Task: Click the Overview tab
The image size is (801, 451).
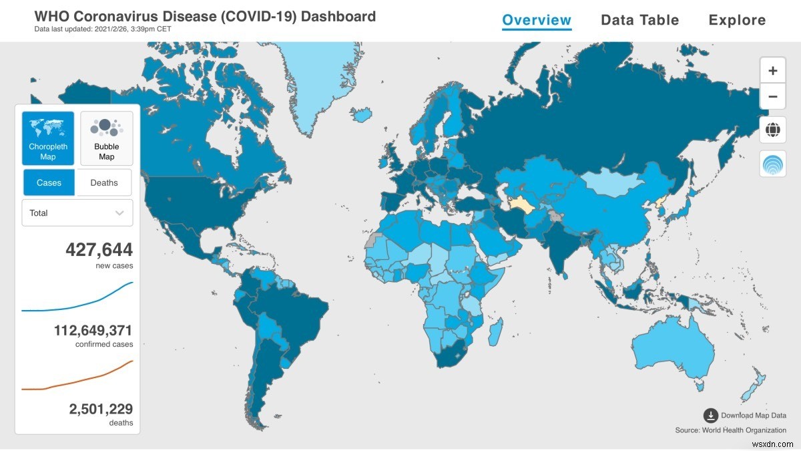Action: (x=537, y=20)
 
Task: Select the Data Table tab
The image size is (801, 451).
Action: (x=639, y=20)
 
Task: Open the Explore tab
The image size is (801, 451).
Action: (x=737, y=20)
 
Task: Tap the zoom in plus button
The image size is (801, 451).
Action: (x=772, y=70)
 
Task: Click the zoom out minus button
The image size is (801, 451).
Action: (x=772, y=96)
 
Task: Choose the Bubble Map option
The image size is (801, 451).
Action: (x=106, y=138)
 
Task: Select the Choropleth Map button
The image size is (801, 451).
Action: (x=47, y=138)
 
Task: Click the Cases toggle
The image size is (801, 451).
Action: (x=49, y=182)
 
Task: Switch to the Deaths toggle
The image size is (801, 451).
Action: (x=104, y=182)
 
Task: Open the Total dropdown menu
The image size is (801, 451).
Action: (x=77, y=213)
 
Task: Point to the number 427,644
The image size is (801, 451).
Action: (x=99, y=251)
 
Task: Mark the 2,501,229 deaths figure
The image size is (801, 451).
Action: (x=101, y=409)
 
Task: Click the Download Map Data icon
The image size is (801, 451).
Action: (x=711, y=416)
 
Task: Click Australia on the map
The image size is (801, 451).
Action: (x=674, y=347)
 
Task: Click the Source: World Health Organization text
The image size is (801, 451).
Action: (x=730, y=430)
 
